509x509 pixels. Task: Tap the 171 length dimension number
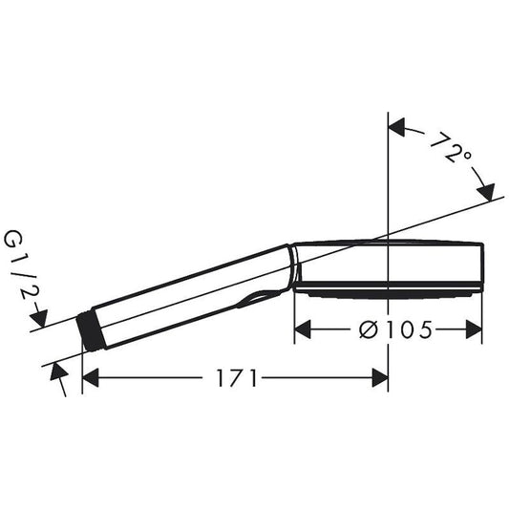tap(236, 379)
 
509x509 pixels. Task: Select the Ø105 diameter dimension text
tap(387, 329)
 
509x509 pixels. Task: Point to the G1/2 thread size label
tap(18, 266)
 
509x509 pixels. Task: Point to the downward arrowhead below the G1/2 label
tap(39, 316)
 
